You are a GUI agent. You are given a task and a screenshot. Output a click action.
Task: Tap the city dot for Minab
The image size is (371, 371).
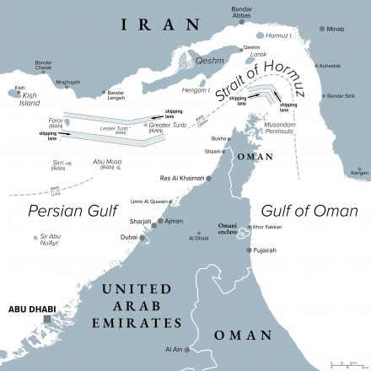click(x=321, y=29)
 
